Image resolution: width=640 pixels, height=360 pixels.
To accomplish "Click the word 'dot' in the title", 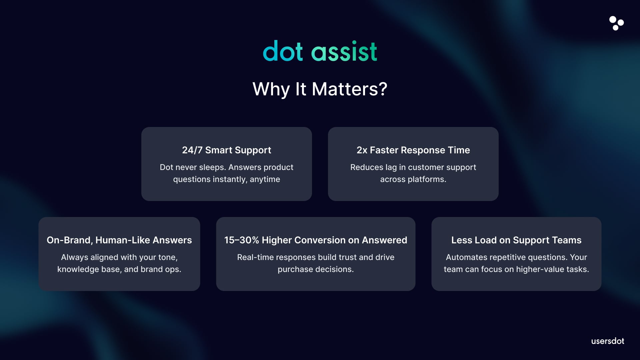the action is coord(283,51).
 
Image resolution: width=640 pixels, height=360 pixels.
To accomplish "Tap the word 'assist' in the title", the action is coord(344,51).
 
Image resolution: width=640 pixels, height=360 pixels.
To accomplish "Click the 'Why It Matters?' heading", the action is coord(320,89).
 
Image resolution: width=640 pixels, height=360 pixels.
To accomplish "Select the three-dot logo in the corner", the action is coord(616,23).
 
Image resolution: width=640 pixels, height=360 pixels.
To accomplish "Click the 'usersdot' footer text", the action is coord(608,341).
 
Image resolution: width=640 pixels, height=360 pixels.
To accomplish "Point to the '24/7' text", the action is coord(192,150).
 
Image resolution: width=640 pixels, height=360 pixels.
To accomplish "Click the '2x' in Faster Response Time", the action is coord(362,150).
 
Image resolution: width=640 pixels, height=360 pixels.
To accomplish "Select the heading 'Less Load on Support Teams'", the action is coord(516,240).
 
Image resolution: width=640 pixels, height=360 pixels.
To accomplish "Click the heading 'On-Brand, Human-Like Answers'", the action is coord(119,240).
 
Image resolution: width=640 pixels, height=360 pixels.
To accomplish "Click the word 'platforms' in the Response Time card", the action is coord(427,179).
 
